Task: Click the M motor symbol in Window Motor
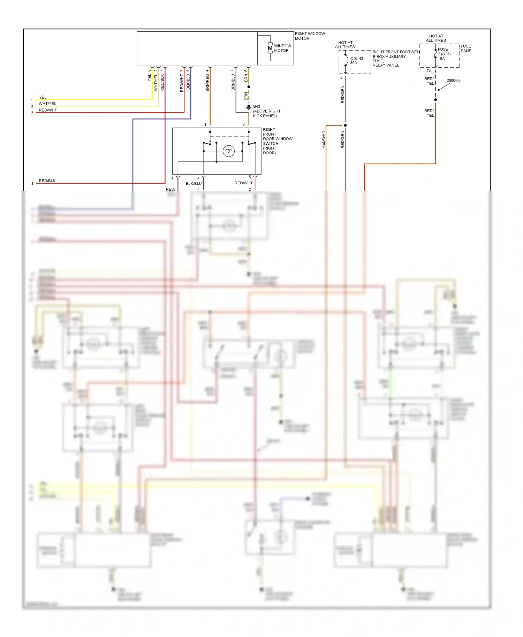click(x=270, y=48)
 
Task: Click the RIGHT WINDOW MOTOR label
click(x=310, y=36)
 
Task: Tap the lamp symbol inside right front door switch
click(x=229, y=151)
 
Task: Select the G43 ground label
click(x=256, y=106)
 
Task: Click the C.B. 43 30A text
click(x=356, y=61)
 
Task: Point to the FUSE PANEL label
click(x=467, y=48)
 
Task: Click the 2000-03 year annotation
click(x=453, y=80)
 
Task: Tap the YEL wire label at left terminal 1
click(x=43, y=97)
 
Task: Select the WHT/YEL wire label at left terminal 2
click(x=47, y=103)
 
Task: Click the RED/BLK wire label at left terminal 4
click(x=47, y=181)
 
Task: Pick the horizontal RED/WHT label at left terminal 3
click(x=48, y=110)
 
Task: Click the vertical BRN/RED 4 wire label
click(x=207, y=80)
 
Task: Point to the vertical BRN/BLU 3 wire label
click(x=233, y=80)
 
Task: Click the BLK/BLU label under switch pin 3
click(x=194, y=183)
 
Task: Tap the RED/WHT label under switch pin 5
click(x=243, y=183)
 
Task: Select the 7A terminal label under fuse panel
click(x=429, y=71)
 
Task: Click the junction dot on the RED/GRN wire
click(x=345, y=125)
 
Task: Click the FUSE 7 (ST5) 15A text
click(x=444, y=54)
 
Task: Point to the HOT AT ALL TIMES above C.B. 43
click(x=345, y=45)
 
